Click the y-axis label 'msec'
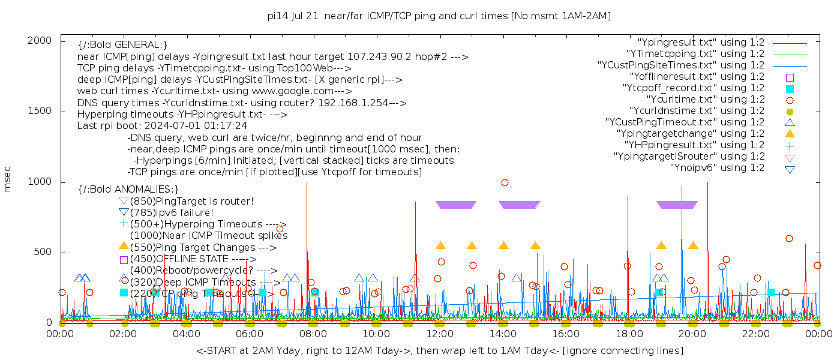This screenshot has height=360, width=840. (x=8, y=178)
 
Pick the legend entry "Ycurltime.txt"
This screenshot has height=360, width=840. (x=705, y=100)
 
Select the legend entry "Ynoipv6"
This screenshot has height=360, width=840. (x=717, y=168)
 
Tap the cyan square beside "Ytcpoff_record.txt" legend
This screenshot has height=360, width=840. (x=790, y=88)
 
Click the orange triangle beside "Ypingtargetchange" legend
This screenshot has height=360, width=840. (x=790, y=134)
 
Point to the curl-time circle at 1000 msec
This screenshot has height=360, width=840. (x=505, y=183)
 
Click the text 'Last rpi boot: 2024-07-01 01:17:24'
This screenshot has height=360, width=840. (x=163, y=126)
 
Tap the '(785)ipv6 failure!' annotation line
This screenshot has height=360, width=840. (x=172, y=212)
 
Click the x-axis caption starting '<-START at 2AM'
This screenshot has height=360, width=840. (x=439, y=350)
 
